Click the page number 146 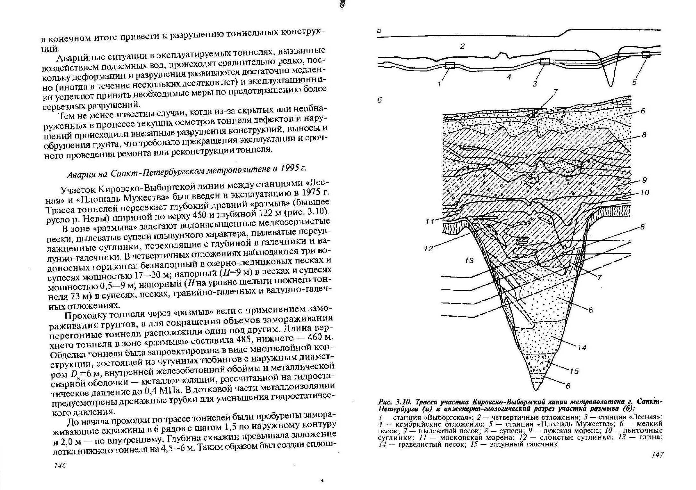click(60, 465)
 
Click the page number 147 click(657, 454)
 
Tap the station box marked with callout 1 click(450, 66)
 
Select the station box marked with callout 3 click(545, 61)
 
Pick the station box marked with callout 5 click(646, 54)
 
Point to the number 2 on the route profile click(462, 46)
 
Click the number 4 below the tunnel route click(509, 77)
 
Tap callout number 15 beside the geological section click(574, 371)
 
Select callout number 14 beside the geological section click(582, 347)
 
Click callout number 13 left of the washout click(469, 261)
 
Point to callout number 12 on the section click(429, 248)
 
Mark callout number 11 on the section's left click(430, 221)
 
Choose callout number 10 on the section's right click(644, 193)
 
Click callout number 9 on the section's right click(644, 180)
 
